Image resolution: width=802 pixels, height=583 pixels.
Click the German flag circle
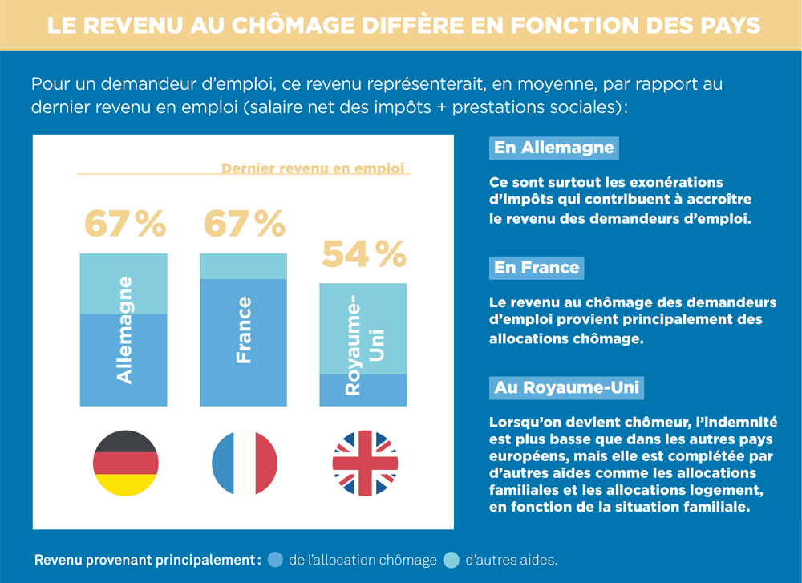tap(125, 464)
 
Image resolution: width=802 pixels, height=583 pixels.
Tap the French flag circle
tap(245, 464)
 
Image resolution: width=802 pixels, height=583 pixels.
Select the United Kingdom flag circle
tap(365, 464)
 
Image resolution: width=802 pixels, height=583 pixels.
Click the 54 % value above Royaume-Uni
tap(364, 254)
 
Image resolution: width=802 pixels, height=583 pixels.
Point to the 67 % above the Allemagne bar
tap(125, 224)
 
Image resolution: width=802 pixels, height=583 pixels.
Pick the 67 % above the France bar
tap(245, 224)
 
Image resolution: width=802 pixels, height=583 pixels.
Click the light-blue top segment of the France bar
tap(243, 266)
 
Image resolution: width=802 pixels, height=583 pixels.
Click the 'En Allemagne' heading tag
tap(553, 148)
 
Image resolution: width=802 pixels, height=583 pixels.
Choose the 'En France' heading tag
tap(537, 268)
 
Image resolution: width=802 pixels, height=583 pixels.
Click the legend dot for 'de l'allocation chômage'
tap(276, 560)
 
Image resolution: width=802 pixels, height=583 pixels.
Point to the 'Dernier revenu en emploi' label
tap(313, 168)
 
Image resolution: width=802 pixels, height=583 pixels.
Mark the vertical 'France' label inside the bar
tap(244, 330)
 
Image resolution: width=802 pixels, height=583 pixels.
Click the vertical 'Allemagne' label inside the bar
tap(125, 330)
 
